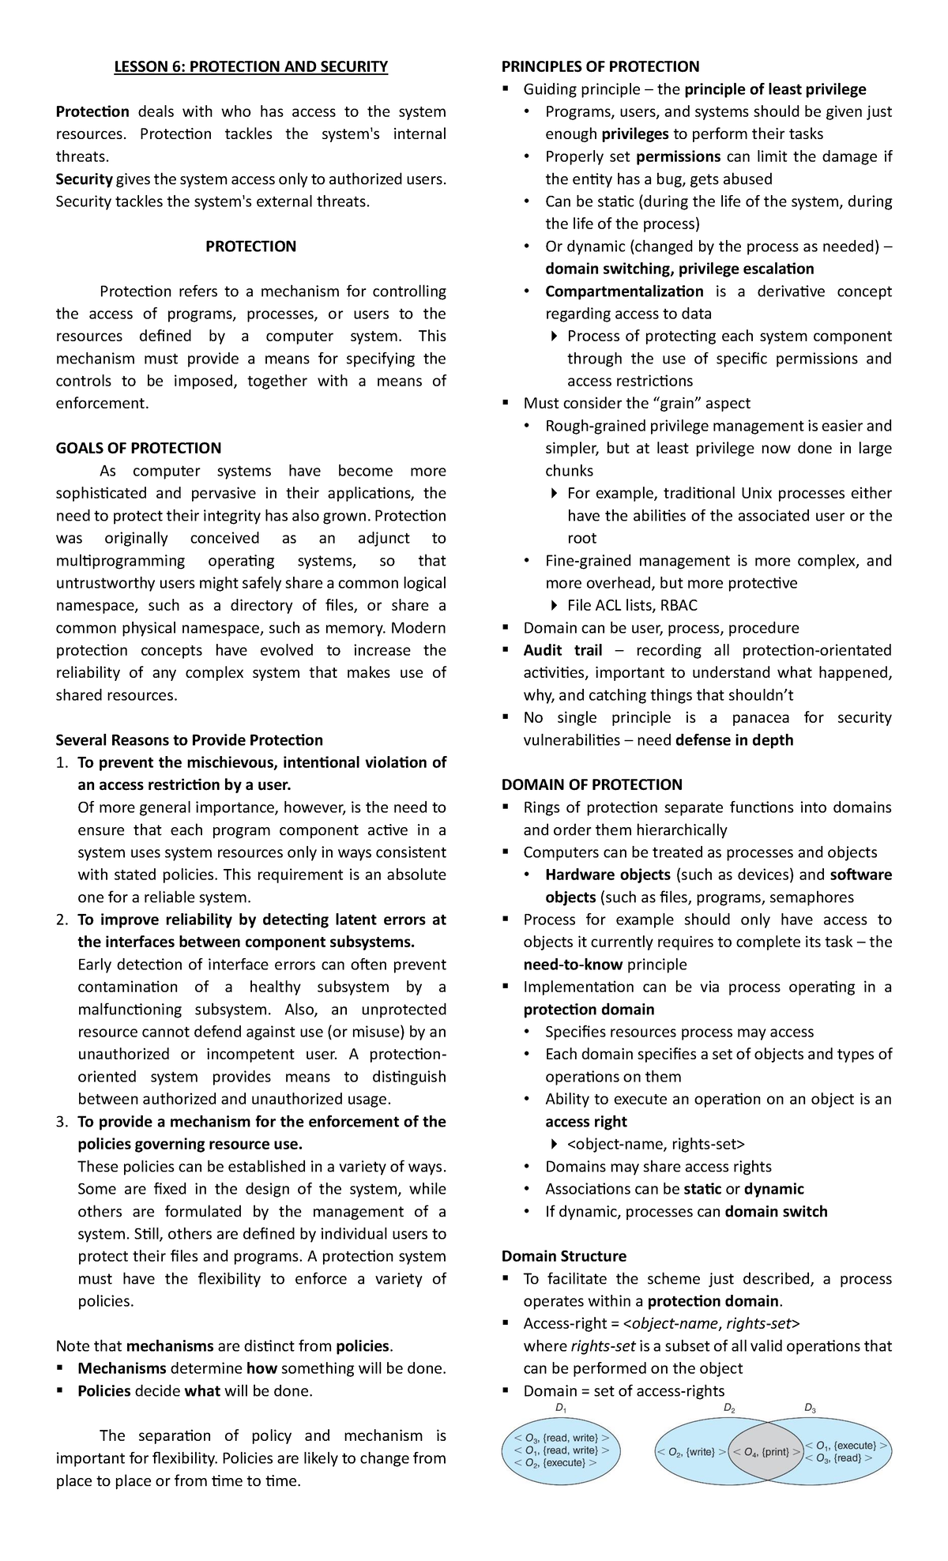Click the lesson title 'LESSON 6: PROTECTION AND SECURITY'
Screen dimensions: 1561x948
coord(250,66)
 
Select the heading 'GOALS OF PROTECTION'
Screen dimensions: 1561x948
coord(138,448)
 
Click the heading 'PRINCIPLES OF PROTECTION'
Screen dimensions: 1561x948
coord(600,66)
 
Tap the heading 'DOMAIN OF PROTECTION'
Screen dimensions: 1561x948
coord(592,784)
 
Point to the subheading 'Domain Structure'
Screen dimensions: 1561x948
coord(563,1256)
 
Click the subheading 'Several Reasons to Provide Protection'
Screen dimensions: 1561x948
coord(189,740)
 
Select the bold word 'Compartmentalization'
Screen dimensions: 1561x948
coord(624,292)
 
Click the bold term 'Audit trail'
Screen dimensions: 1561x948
coord(562,650)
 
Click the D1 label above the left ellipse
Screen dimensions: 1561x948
coord(561,1409)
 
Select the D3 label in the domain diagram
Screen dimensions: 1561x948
coord(810,1409)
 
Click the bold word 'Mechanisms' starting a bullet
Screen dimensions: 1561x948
coord(122,1368)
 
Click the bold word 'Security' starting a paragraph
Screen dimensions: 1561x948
coord(84,179)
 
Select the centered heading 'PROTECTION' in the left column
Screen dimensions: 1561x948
coord(250,246)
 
